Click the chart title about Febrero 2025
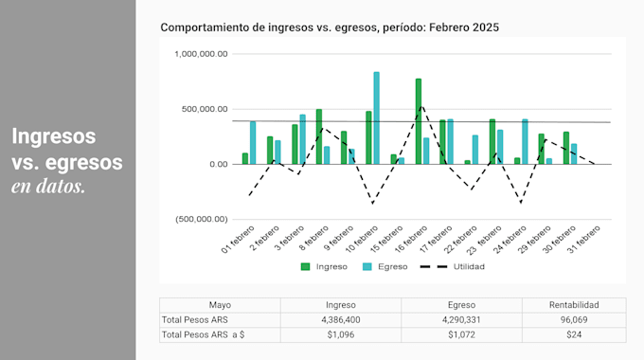[330, 28]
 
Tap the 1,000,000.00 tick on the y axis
[201, 54]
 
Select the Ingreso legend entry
[324, 266]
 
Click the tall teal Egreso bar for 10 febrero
[376, 117]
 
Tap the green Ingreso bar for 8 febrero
[318, 136]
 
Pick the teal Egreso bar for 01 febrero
[253, 142]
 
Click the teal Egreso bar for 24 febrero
[525, 141]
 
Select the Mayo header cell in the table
[220, 305]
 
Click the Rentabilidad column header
[574, 305]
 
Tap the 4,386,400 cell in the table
[340, 320]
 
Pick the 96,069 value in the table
[574, 320]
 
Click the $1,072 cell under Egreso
[461, 335]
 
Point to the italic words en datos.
[48, 187]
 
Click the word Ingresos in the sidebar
[54, 136]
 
